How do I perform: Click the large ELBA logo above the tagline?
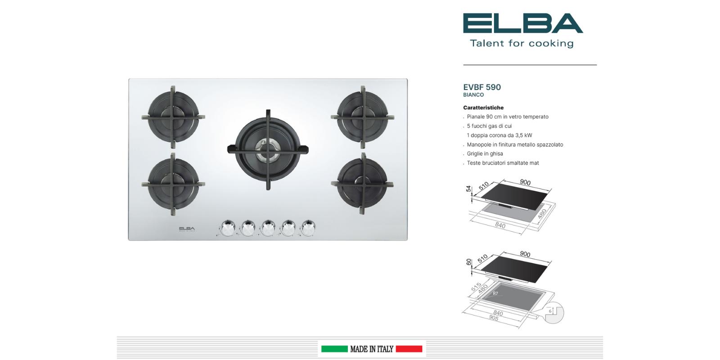[523, 23]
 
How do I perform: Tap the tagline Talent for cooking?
[522, 43]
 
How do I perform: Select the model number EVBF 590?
[482, 87]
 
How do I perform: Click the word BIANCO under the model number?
[473, 95]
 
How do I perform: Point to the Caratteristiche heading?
[483, 108]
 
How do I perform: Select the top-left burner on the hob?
[173, 117]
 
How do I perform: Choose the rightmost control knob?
[308, 228]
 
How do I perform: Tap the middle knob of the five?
[268, 228]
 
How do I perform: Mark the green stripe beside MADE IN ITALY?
[334, 349]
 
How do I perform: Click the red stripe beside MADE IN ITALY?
[409, 349]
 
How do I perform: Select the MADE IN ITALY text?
[372, 349]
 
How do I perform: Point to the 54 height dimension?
[468, 189]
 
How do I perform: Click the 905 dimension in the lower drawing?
[494, 318]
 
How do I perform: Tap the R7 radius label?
[495, 293]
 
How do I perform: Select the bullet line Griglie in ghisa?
[485, 153]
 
